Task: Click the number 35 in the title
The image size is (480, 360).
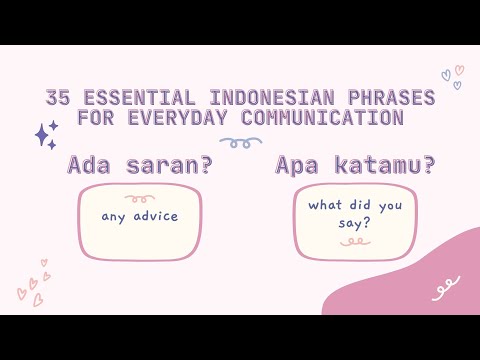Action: coord(56,99)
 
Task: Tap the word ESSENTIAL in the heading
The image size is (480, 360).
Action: coord(124,99)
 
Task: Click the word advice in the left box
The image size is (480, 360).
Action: coord(158,216)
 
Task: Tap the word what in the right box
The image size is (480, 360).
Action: coord(324,205)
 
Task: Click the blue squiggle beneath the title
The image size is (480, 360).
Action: coord(240,143)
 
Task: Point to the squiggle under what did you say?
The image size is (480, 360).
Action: coord(354,242)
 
